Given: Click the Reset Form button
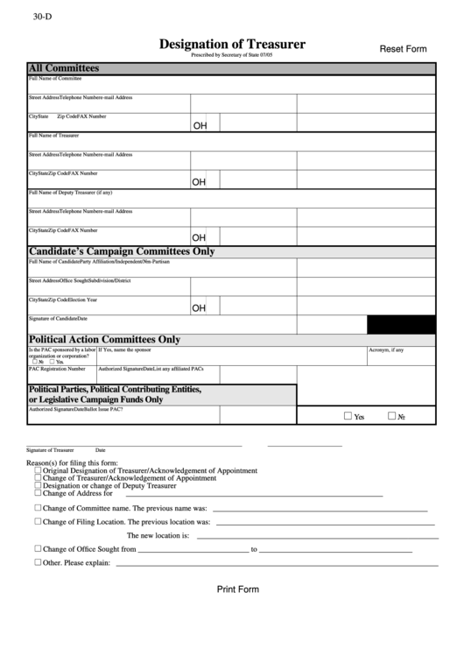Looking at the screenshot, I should pos(403,49).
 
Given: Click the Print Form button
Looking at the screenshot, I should pos(238,589).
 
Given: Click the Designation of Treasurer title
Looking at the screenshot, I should pos(232,44).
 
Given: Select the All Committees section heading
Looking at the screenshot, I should pos(64,68).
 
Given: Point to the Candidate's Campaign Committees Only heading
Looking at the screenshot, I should pos(122,251).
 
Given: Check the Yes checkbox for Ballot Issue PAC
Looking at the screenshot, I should pos(348,416).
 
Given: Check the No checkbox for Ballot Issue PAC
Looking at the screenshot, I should pos(391,416).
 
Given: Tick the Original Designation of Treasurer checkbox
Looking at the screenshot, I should pos(38,470).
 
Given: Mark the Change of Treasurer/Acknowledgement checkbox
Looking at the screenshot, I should pos(38,478).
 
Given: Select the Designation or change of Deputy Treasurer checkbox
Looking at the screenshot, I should pos(38,486).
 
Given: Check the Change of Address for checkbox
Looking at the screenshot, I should pos(38,494).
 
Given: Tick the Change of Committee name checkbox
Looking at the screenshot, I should pos(38,507).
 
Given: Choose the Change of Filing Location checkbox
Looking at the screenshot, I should pos(38,521).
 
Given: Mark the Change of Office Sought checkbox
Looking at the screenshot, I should pos(38,549).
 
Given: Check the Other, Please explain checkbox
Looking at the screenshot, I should pos(38,562).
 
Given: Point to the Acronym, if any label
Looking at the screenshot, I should pos(386,349).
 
